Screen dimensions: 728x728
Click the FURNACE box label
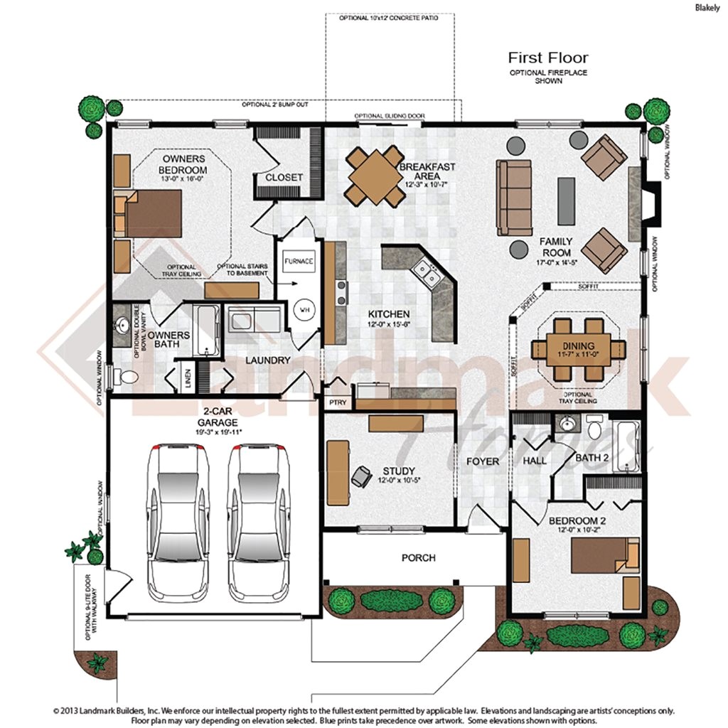(x=299, y=261)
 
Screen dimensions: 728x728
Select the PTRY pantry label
(x=336, y=402)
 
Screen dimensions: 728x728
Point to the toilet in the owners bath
(x=127, y=375)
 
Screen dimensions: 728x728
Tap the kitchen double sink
(x=427, y=269)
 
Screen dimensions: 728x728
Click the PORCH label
(x=418, y=558)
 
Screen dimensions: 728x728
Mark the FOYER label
(x=482, y=461)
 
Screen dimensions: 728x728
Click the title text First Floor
(x=547, y=58)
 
